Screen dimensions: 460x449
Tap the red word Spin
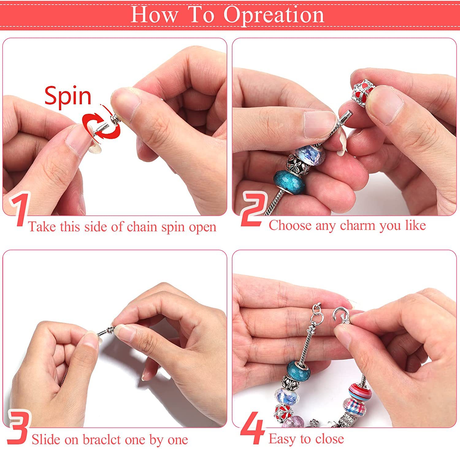point(68,96)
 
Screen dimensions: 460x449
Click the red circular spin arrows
point(101,126)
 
